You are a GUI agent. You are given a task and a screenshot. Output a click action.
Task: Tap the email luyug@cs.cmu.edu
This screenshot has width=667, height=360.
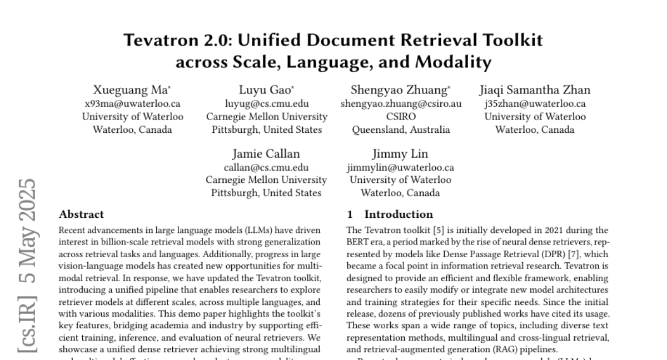click(x=267, y=103)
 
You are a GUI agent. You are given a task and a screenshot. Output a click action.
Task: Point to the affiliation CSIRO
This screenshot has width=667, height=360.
click(x=400, y=117)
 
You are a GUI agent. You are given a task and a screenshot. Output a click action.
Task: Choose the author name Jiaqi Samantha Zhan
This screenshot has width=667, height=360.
click(x=535, y=89)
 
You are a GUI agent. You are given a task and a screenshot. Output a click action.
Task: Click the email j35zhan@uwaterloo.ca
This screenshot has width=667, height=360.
click(x=535, y=103)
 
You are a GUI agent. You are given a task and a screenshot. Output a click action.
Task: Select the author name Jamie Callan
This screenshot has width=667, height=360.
click(x=266, y=153)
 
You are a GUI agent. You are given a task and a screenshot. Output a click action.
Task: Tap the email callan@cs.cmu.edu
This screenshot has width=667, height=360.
click(x=266, y=167)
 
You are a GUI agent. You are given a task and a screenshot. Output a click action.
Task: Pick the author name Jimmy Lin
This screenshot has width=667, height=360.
click(x=400, y=153)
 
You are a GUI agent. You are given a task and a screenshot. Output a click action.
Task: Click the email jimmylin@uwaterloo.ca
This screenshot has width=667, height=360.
click(x=400, y=167)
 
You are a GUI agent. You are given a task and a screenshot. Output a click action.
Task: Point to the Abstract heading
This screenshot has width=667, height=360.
click(x=81, y=214)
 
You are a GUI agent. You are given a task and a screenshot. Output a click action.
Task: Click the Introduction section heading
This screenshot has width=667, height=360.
click(x=398, y=214)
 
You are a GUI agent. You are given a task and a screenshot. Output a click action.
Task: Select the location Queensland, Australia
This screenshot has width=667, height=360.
click(x=401, y=130)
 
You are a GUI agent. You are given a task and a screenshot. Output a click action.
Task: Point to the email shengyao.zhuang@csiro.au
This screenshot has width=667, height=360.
click(x=400, y=103)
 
